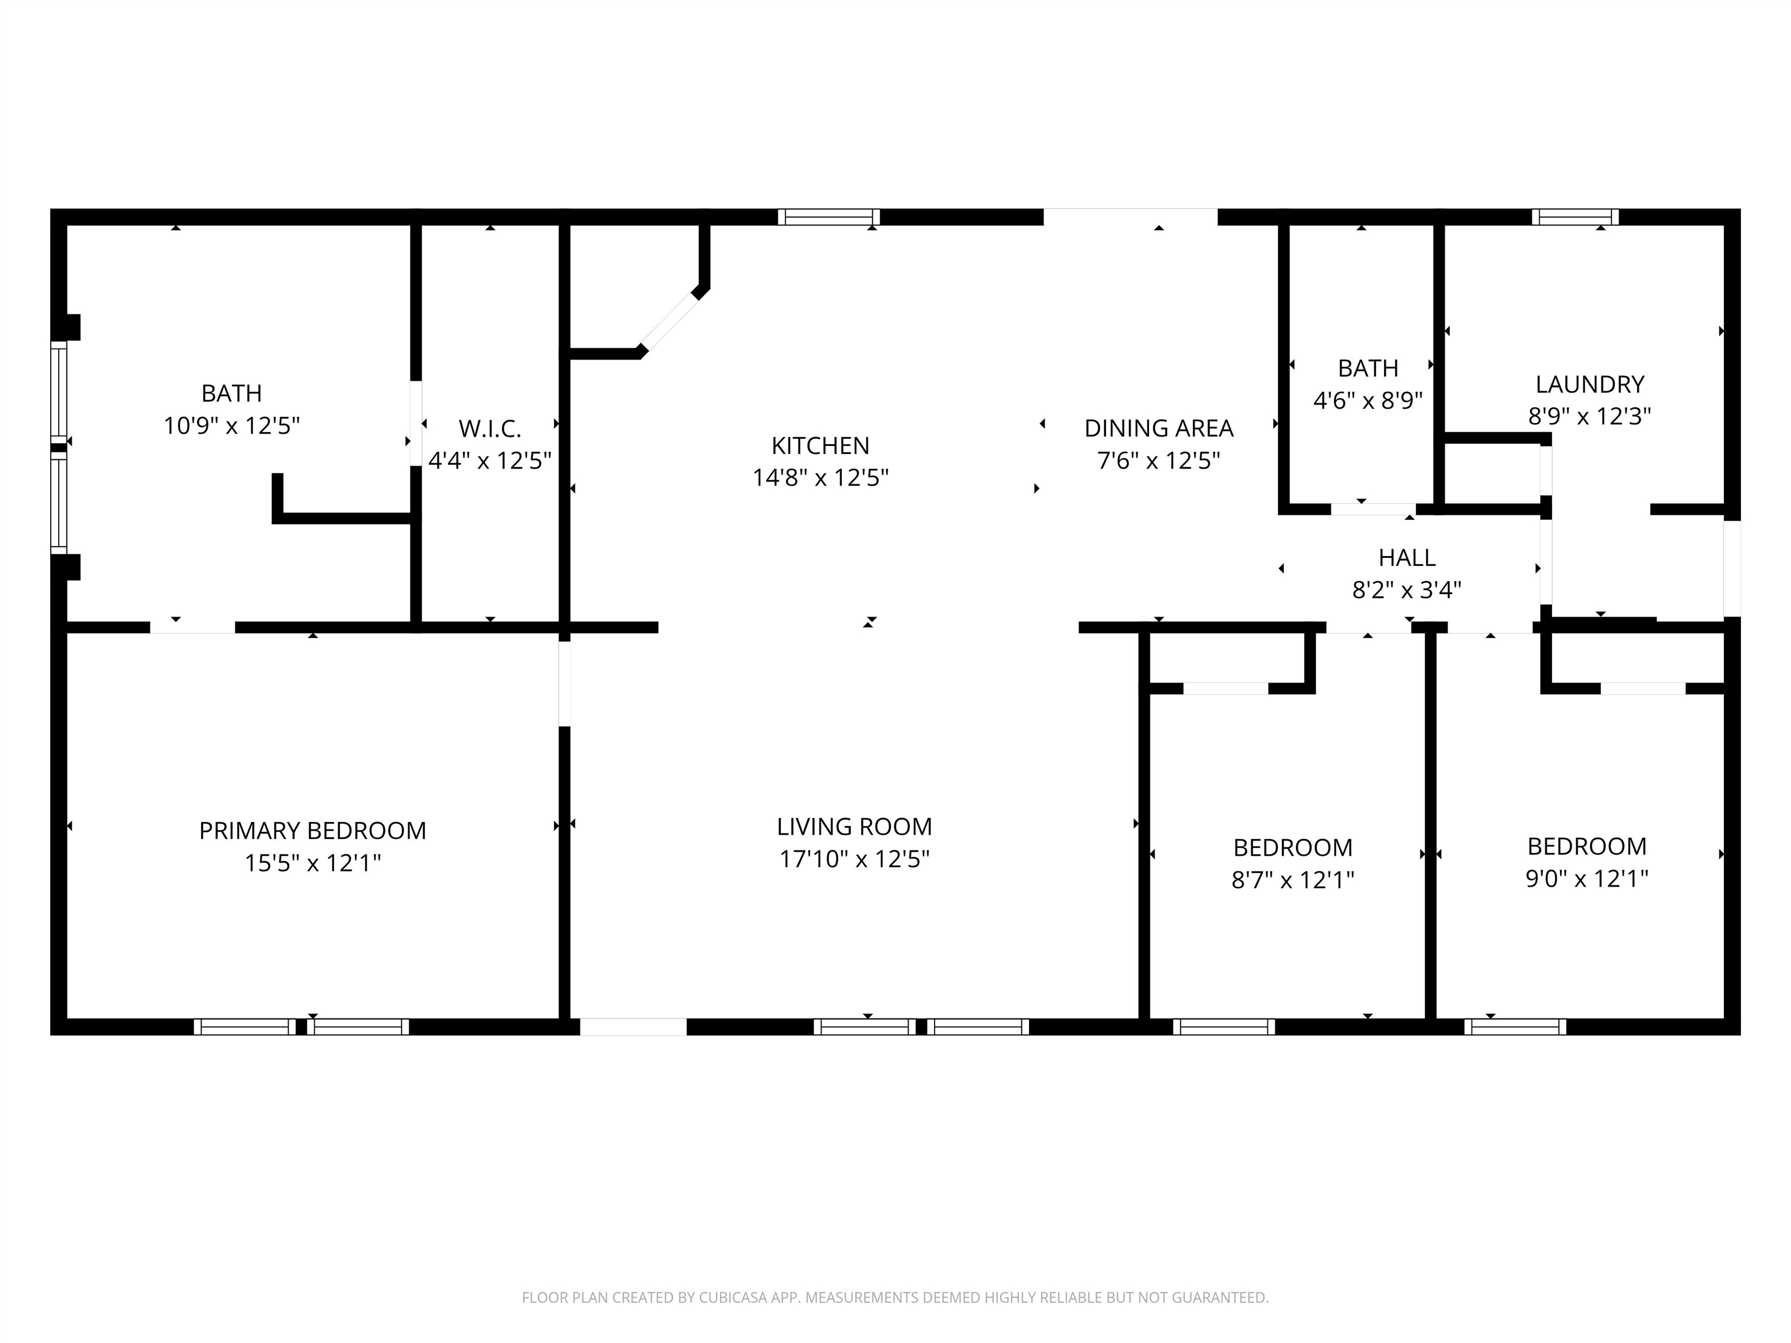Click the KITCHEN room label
pos(820,445)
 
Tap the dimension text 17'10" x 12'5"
pos(854,859)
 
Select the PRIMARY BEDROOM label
pos(312,831)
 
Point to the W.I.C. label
pos(490,428)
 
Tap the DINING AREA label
pos(1158,428)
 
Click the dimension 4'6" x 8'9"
pos(1368,400)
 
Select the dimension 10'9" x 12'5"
pos(231,426)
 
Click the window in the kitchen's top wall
pos(828,217)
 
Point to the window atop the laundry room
pos(1575,217)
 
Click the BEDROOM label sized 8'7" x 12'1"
pos(1293,848)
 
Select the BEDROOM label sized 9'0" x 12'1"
pos(1587,846)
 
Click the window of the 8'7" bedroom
pos(1223,1026)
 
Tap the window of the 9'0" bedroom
pos(1515,1026)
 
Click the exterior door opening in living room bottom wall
pos(633,1026)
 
